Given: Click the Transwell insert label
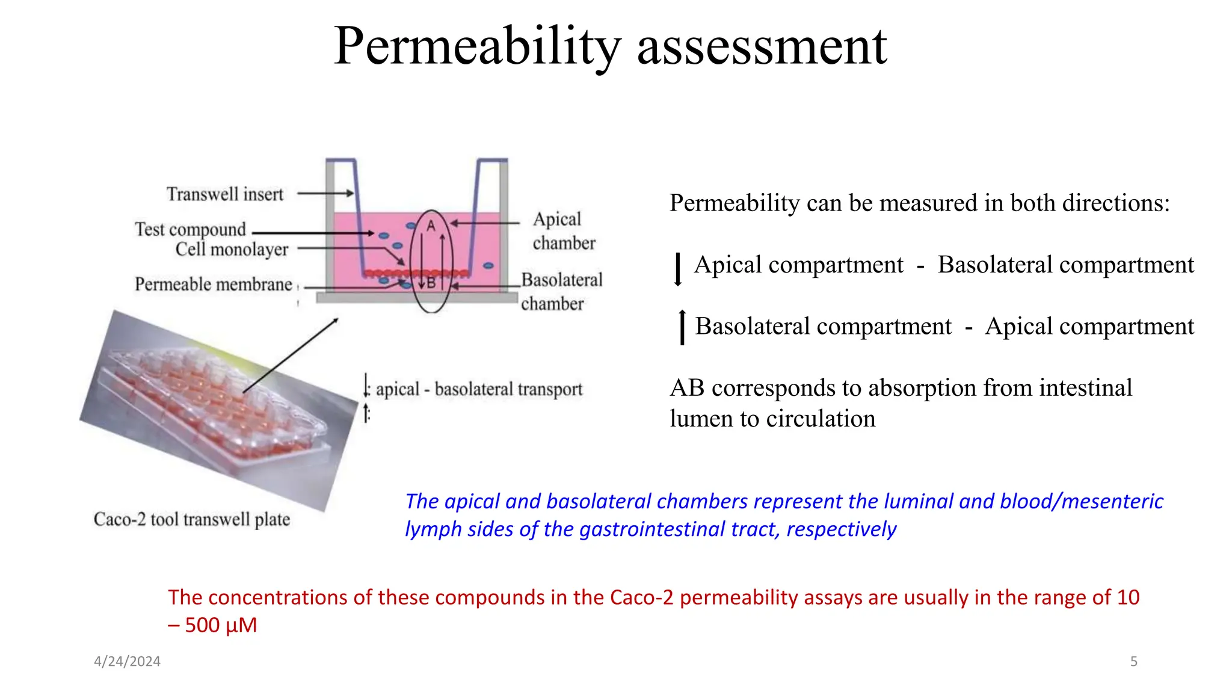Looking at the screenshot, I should (x=224, y=194).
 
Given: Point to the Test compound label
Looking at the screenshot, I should (x=190, y=229).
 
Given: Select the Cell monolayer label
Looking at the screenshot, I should (x=232, y=249).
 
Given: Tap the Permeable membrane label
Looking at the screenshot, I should (x=213, y=284).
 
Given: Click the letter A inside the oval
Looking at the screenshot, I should (x=431, y=226).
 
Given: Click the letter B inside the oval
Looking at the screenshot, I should (x=431, y=282).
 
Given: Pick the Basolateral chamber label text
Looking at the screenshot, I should (x=561, y=292).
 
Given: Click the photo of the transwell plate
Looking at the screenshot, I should (x=217, y=409).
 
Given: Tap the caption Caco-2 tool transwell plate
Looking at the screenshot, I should (x=191, y=519).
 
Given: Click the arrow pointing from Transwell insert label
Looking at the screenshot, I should (x=325, y=193).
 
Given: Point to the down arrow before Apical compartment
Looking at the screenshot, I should (x=678, y=269).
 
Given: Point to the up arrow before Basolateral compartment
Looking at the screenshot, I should (x=682, y=327).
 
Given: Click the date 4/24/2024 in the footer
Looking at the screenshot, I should (x=127, y=661).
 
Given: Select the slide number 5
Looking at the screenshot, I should (x=1133, y=661).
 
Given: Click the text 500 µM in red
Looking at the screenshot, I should (x=220, y=625).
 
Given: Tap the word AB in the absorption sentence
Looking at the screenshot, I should (x=686, y=388).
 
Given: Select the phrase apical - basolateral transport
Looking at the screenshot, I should (x=479, y=389).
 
